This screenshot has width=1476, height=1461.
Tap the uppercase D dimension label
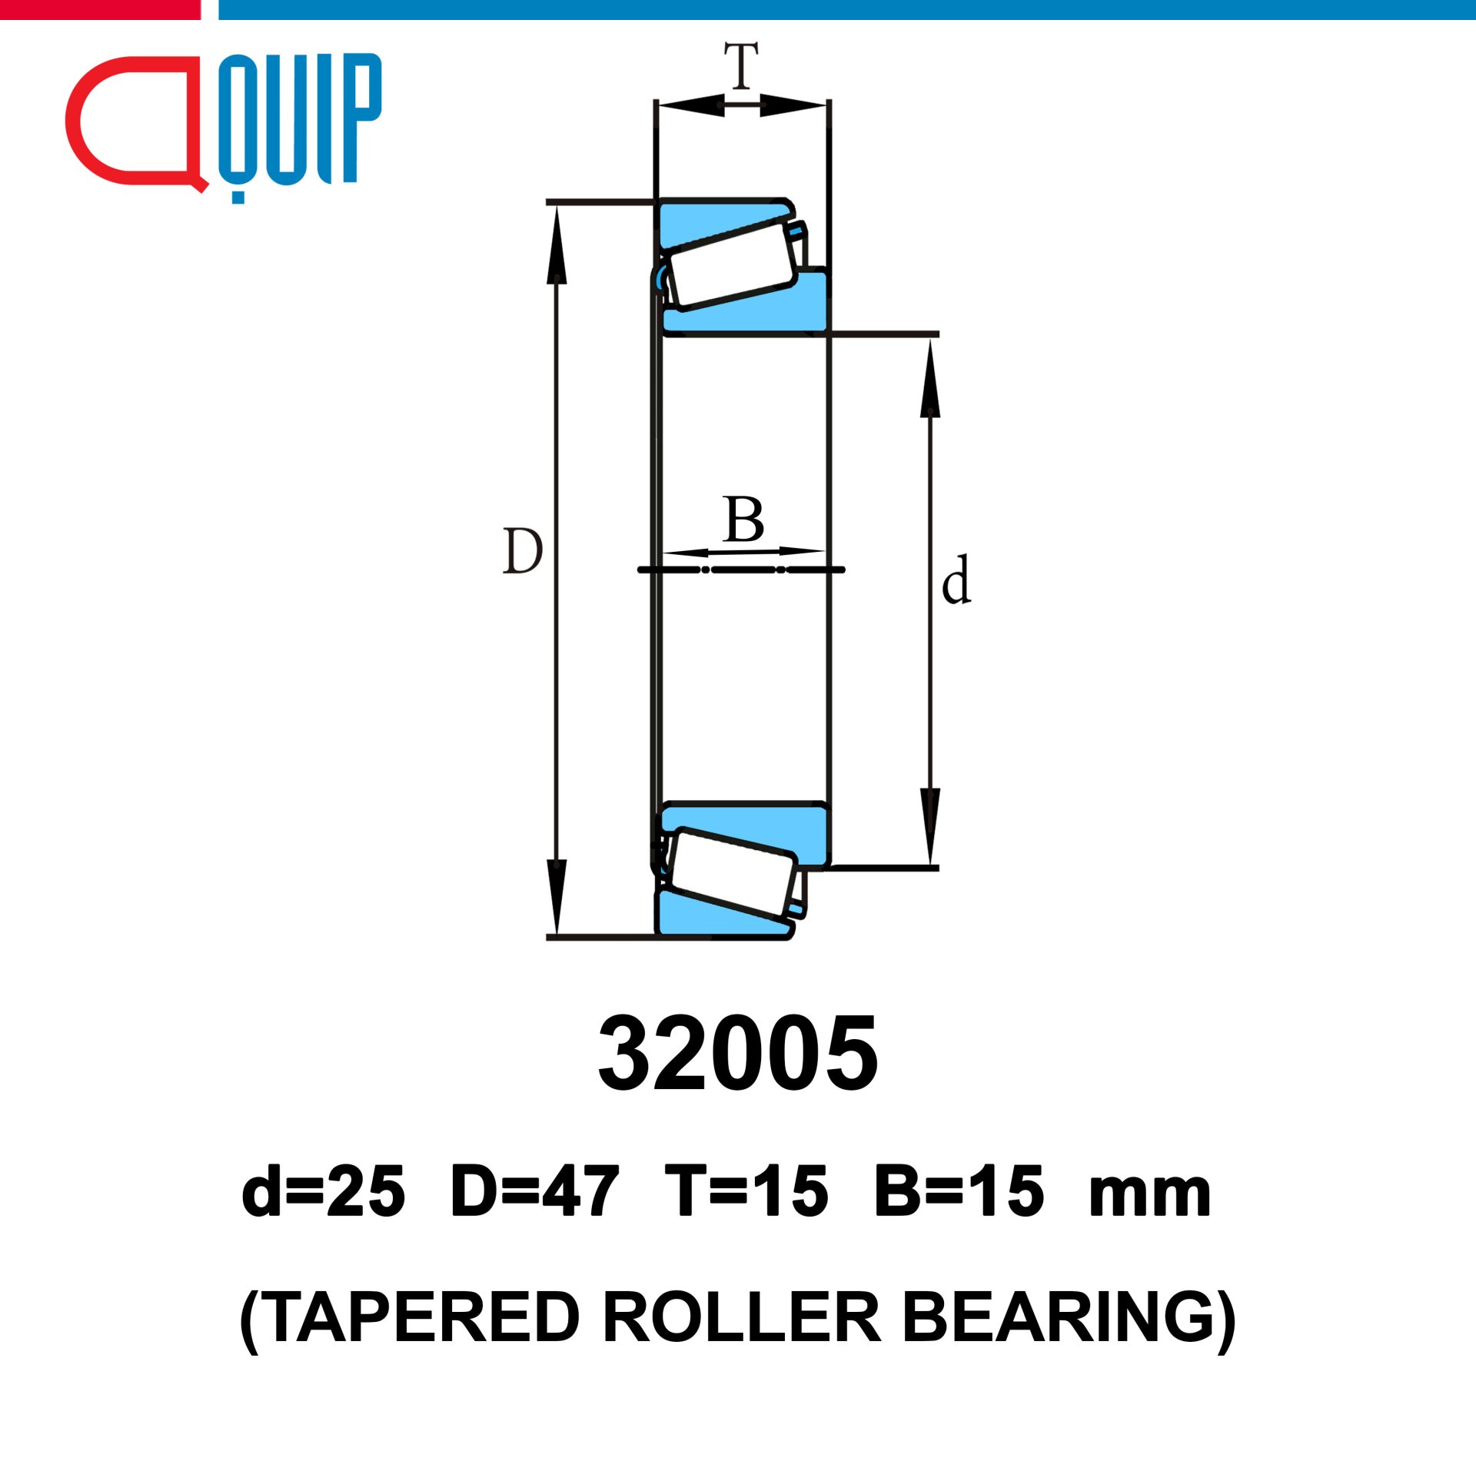(523, 551)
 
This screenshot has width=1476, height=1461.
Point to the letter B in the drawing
(743, 520)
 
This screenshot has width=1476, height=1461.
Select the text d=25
(323, 1192)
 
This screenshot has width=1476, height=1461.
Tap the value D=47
(535, 1192)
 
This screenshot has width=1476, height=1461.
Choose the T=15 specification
(746, 1192)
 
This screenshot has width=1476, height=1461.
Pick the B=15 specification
(959, 1192)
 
